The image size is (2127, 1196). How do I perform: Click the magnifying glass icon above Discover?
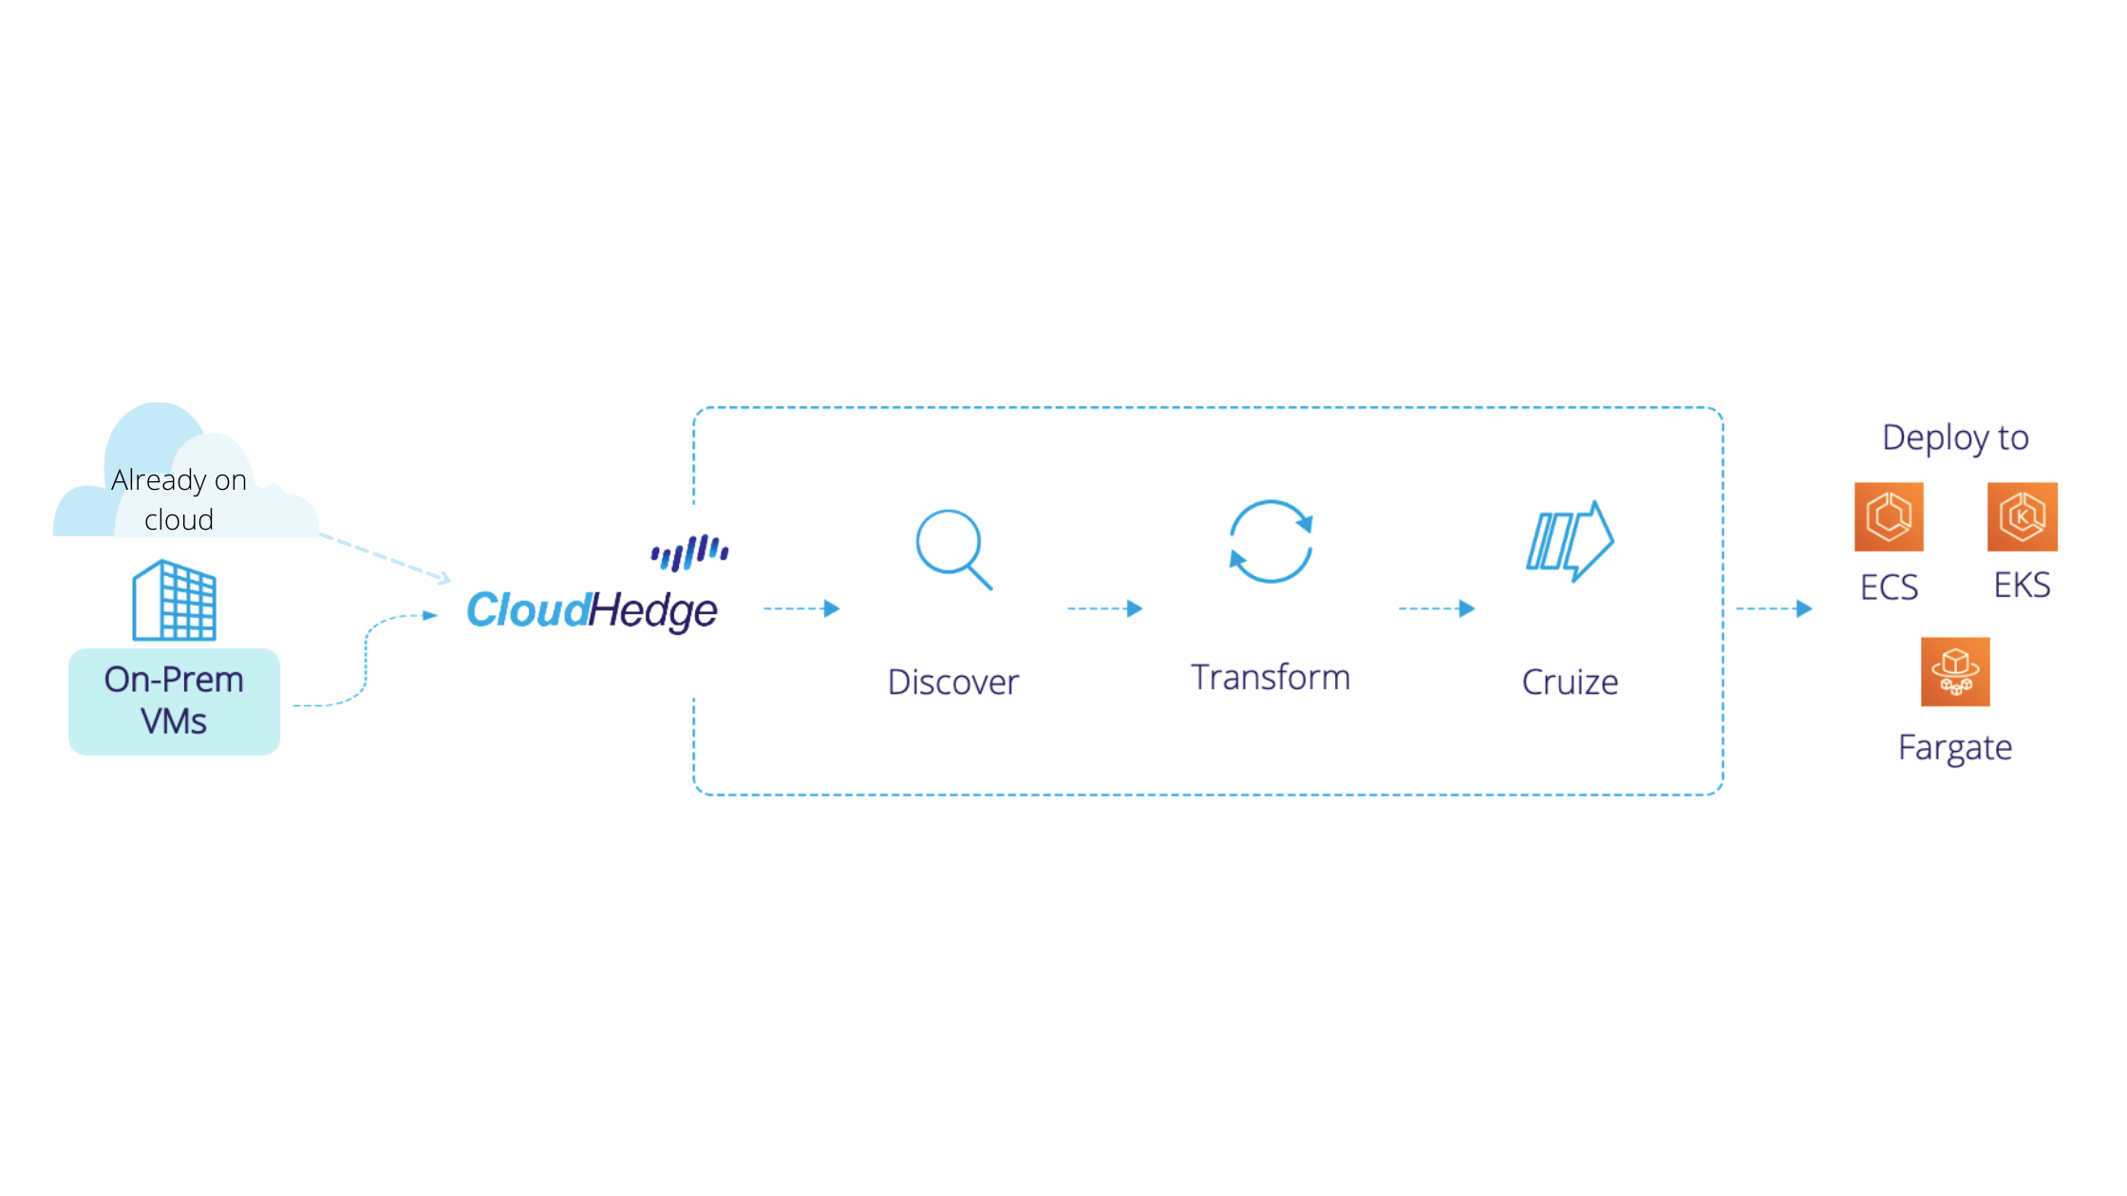click(952, 549)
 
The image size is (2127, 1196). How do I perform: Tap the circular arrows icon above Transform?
click(1271, 541)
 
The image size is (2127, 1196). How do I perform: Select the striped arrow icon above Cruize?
click(1570, 541)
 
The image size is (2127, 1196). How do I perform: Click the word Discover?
click(952, 682)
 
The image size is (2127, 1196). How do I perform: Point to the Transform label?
click(1271, 678)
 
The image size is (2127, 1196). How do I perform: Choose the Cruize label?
click(1570, 682)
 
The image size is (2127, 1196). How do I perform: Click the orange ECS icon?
click(1889, 517)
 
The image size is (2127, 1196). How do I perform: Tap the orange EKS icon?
click(2023, 517)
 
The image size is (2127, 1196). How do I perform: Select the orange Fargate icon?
click(1955, 672)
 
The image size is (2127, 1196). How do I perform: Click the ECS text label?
click(1889, 587)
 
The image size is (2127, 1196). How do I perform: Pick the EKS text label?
click(2023, 585)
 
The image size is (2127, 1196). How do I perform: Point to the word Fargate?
click(1955, 748)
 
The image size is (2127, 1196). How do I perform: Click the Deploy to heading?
click(1955, 438)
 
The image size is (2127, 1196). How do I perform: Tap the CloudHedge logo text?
click(593, 609)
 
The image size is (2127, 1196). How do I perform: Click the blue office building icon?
click(175, 600)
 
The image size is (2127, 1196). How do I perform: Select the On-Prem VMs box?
click(175, 701)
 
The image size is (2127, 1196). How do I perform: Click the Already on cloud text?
click(179, 499)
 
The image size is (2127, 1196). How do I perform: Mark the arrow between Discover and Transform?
click(1104, 608)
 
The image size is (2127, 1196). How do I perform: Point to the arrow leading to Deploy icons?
click(1774, 608)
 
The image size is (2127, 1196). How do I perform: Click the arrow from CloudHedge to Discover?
click(801, 608)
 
